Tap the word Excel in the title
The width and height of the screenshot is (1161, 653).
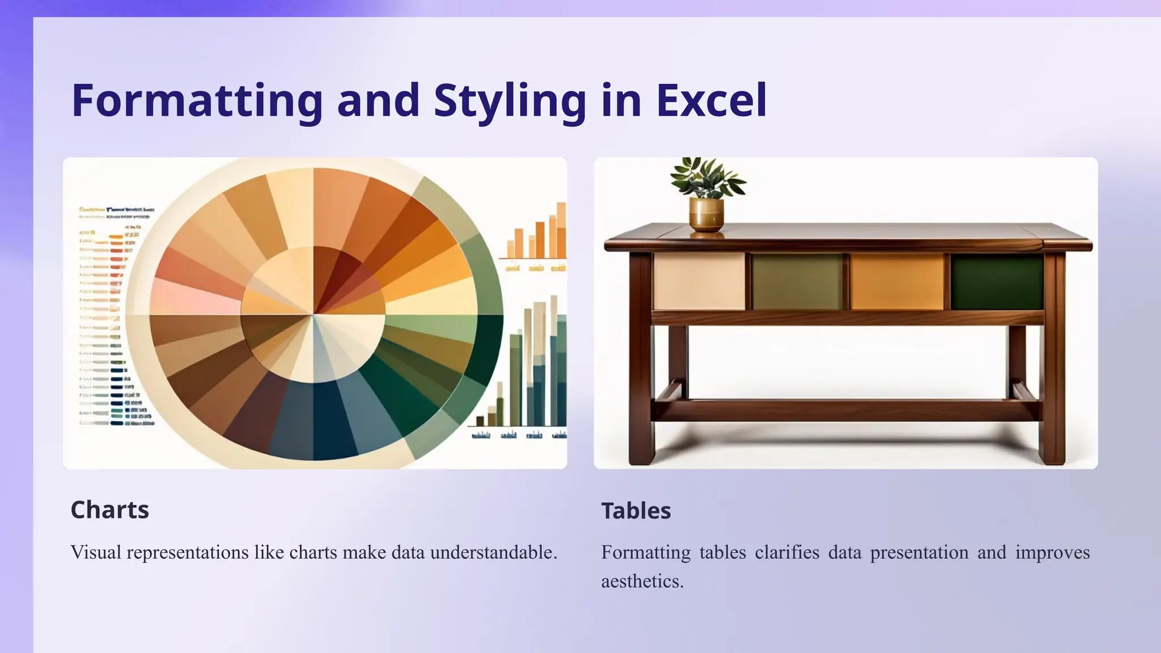[711, 100]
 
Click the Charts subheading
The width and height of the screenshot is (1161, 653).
[110, 510]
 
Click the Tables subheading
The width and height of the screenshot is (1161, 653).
[636, 511]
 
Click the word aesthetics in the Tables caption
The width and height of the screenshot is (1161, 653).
[642, 581]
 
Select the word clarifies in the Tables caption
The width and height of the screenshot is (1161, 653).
[787, 552]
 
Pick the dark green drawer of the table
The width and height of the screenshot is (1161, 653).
[997, 282]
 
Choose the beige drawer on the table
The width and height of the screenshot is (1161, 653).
[698, 282]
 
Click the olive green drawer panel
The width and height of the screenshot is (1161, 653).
[797, 282]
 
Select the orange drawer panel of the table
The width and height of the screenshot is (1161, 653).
[897, 282]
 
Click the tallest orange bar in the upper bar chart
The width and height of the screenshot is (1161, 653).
[561, 231]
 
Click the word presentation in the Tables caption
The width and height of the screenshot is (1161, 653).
[919, 552]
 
